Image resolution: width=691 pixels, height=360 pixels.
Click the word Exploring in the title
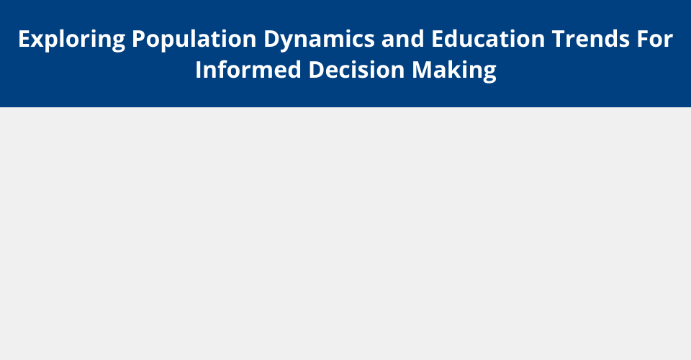(x=72, y=40)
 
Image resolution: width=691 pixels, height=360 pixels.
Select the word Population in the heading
(x=194, y=40)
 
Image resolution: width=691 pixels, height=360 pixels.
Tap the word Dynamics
(x=319, y=40)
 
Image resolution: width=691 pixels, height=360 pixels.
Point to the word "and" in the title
(x=403, y=39)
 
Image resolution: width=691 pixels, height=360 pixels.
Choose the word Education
(x=488, y=39)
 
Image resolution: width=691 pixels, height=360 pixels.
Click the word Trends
(x=590, y=39)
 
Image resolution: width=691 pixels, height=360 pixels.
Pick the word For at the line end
(x=654, y=39)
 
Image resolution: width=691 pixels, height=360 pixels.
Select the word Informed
(x=248, y=70)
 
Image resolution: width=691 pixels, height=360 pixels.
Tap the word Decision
(x=356, y=70)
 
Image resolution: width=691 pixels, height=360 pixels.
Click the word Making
(x=454, y=71)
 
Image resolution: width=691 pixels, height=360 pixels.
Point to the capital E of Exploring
(x=24, y=39)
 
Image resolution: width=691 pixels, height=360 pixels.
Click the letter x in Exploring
(x=37, y=41)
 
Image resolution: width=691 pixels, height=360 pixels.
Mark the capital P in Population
(x=139, y=39)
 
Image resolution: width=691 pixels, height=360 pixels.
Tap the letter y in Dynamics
(x=287, y=43)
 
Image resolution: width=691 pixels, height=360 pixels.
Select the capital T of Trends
(x=559, y=39)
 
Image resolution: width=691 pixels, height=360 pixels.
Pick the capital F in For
(x=642, y=39)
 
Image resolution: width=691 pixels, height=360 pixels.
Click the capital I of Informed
(x=199, y=70)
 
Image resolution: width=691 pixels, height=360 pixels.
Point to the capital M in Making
(x=422, y=70)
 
